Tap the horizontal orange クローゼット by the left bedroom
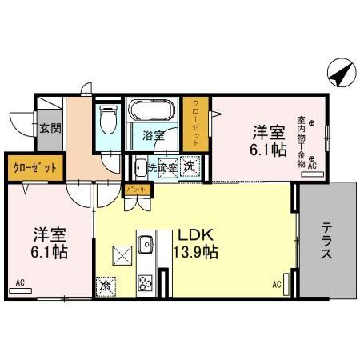tap(34, 167)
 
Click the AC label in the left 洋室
tap(19, 282)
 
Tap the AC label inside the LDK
tap(277, 283)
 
